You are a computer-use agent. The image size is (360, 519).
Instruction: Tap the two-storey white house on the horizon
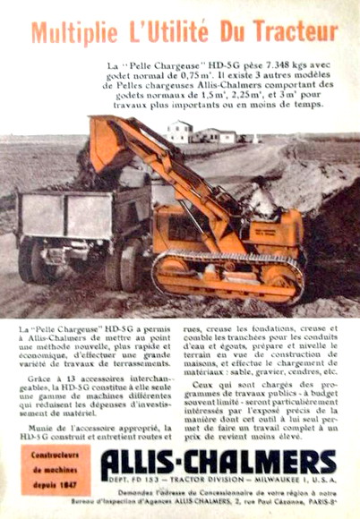pos(179,132)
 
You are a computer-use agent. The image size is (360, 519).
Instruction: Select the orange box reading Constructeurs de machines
pos(56,471)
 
